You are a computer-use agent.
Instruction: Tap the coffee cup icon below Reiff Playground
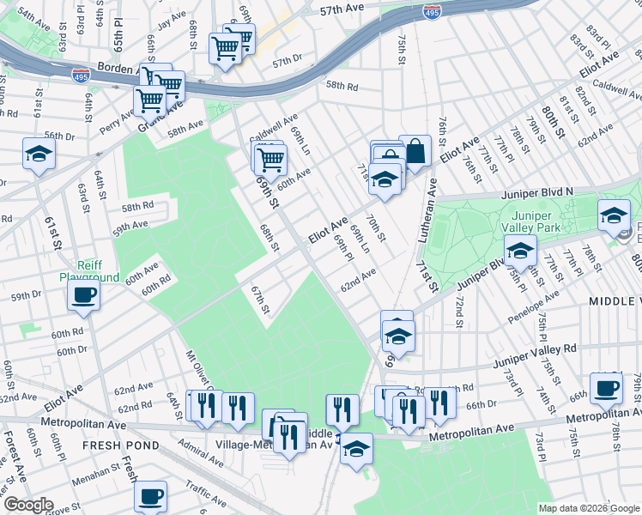click(84, 294)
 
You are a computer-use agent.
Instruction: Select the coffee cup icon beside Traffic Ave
click(150, 495)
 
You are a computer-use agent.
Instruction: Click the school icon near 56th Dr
click(39, 154)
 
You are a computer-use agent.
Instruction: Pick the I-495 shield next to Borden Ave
click(82, 75)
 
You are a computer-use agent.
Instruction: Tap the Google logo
click(28, 505)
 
